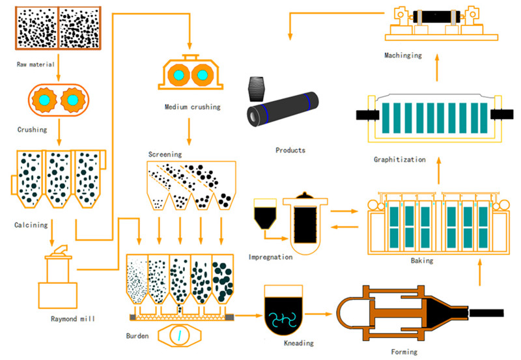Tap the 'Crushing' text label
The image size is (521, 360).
[x=32, y=130]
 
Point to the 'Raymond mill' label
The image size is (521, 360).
[x=73, y=319]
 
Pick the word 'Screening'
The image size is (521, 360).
[x=165, y=154]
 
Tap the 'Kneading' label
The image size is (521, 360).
[x=300, y=342]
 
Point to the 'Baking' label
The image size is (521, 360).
[x=423, y=260]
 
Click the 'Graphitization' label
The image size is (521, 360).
[x=400, y=159]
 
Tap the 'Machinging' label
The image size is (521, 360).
[x=403, y=55]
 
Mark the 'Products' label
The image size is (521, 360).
[x=290, y=150]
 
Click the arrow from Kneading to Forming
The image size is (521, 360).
[x=322, y=314]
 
